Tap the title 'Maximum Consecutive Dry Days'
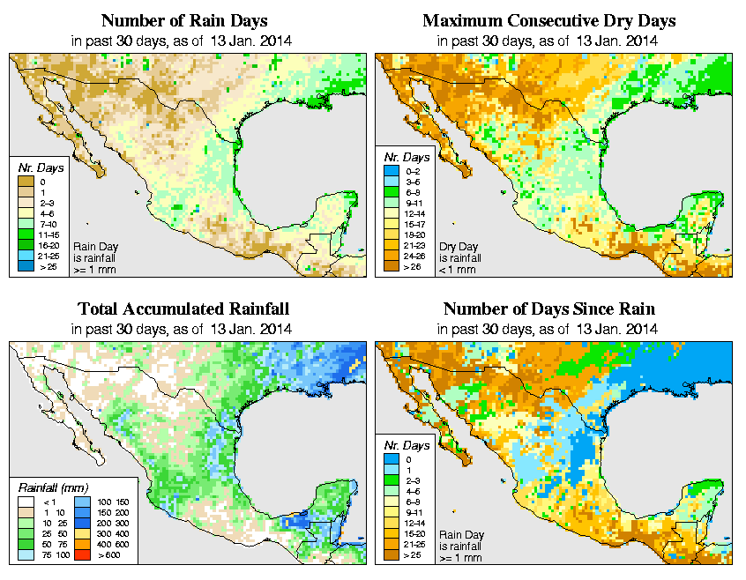[548, 20]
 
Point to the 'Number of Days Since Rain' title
[548, 309]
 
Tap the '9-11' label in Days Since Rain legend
[414, 510]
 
